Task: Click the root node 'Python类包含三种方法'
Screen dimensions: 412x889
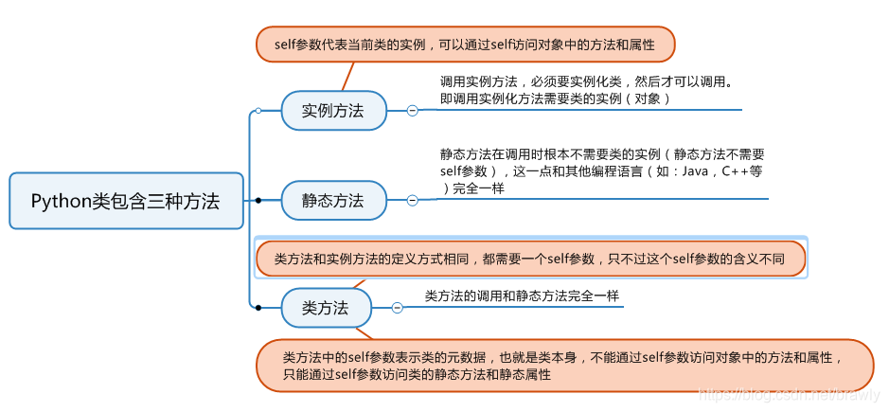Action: (x=126, y=201)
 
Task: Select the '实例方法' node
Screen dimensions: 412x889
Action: (x=333, y=110)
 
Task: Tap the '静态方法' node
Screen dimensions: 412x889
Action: (x=333, y=200)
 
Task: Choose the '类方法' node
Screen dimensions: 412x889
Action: (x=326, y=308)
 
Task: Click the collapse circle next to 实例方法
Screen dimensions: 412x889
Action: (x=413, y=111)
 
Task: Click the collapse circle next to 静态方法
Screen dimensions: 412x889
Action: (x=413, y=200)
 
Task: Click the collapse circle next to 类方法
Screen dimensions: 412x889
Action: (x=398, y=308)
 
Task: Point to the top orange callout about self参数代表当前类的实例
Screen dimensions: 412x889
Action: (x=465, y=44)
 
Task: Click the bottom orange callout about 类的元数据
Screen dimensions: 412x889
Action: (x=564, y=365)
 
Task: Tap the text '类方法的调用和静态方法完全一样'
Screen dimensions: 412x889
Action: (x=522, y=296)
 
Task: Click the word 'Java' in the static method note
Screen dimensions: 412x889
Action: (x=695, y=171)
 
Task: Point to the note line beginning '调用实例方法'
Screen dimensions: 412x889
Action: (x=586, y=81)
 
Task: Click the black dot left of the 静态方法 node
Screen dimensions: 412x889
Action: (x=258, y=200)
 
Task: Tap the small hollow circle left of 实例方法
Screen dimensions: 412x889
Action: (x=258, y=111)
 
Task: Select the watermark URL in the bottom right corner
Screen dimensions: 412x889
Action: (x=786, y=392)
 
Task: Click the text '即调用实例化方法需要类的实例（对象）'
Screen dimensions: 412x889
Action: (x=556, y=99)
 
